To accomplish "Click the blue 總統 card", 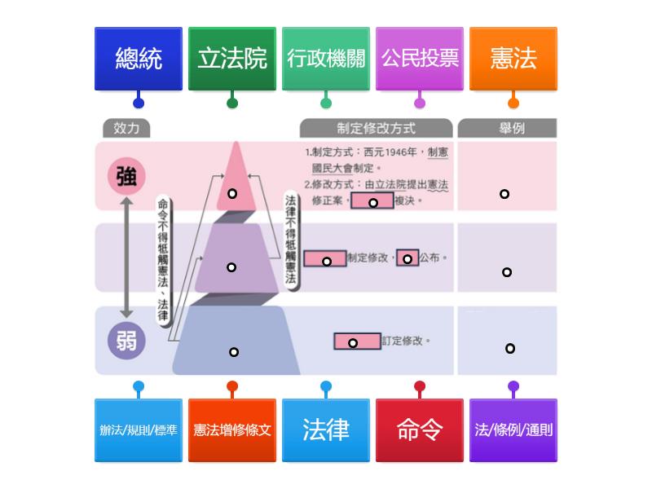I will (x=139, y=59).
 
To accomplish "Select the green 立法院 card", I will (x=232, y=59).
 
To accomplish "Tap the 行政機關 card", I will (x=326, y=59).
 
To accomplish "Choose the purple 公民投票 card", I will (x=420, y=59).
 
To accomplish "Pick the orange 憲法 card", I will (x=513, y=59).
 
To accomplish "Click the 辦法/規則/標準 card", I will (x=139, y=430).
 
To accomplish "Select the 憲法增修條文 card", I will (x=232, y=430).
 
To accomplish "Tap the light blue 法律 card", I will (x=326, y=430).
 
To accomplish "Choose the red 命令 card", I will (x=420, y=430).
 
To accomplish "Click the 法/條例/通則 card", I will (x=513, y=430).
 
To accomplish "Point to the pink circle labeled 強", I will (x=126, y=177).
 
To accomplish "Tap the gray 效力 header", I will (x=126, y=128).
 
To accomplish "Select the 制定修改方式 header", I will (x=376, y=128).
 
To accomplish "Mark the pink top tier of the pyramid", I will (x=235, y=179).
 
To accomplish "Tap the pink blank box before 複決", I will (x=372, y=201).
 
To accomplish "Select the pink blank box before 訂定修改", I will (x=357, y=341).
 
